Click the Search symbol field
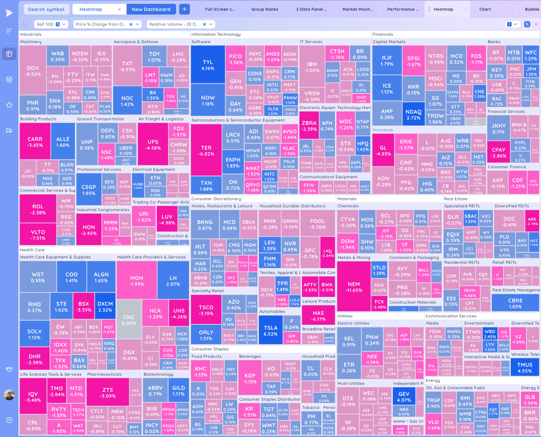[x=46, y=9]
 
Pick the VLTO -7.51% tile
[x=38, y=235]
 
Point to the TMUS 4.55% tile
[x=525, y=368]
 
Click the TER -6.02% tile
[x=206, y=151]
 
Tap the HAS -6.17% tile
[x=318, y=316]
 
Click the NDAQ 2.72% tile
[x=413, y=115]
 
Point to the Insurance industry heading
[x=383, y=130]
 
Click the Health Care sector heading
[x=32, y=250]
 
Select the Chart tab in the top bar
[x=485, y=9]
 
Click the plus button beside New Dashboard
[x=184, y=9]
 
